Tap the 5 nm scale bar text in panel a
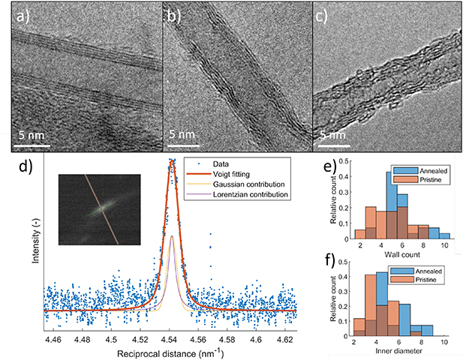(35, 133)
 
